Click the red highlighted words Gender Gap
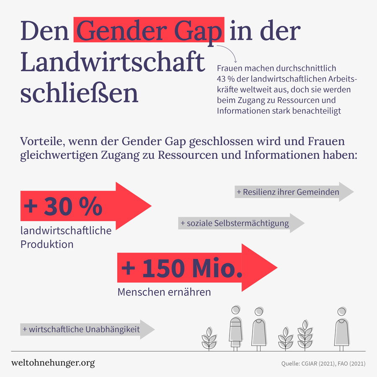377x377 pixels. tap(149, 30)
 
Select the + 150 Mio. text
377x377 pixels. tap(181, 269)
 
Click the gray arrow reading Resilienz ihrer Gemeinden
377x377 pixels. tap(293, 192)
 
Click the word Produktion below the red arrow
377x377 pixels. tap(47, 244)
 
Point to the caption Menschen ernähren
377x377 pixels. tap(164, 292)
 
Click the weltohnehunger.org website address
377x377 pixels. tap(53, 363)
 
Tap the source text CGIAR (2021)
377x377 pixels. tap(317, 364)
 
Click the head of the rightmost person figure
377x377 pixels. tap(342, 312)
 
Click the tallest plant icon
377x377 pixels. tap(305, 334)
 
